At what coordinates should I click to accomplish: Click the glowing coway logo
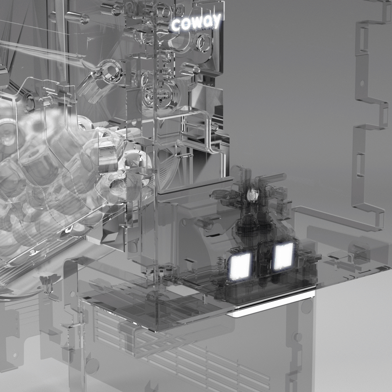pos(196,22)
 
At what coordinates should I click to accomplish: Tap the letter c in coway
pos(176,26)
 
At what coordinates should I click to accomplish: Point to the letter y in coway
pos(217,20)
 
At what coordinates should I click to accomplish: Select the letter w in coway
pos(195,23)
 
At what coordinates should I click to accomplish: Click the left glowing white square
pos(240,266)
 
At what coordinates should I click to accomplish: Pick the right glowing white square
pos(284,256)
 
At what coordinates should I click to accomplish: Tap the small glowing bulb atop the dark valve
pos(253,194)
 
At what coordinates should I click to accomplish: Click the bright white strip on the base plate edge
pos(272,302)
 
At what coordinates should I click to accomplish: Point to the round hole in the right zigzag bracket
pos(362,82)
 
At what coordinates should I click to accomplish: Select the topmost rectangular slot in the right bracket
pos(363,38)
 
